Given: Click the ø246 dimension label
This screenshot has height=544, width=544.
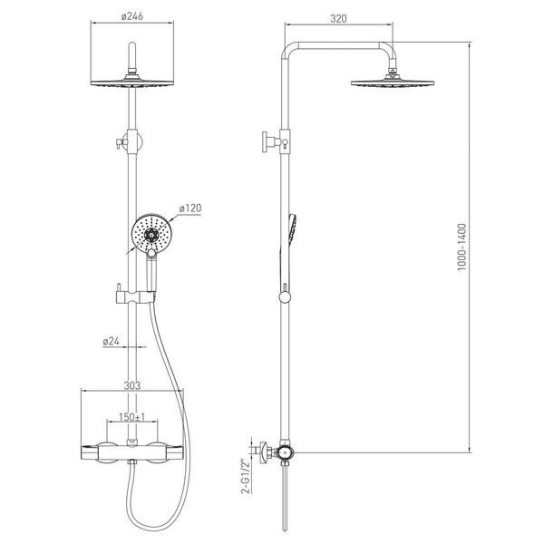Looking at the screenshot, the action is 132,16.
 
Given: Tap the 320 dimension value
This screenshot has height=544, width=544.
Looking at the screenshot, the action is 338,18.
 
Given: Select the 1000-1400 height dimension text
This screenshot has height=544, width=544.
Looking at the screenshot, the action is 462,248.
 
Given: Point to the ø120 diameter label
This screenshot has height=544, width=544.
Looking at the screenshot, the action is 190,209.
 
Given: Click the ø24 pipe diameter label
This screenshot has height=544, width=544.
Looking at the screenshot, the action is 111,342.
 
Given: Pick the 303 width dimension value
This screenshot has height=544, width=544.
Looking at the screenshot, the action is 132,385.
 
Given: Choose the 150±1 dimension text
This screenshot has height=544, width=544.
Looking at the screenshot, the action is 132,417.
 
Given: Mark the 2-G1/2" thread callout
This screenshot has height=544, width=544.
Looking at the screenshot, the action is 246,476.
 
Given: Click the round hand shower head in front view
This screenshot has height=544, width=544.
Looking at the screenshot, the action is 151,233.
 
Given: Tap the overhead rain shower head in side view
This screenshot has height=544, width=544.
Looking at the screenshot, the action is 393,83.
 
